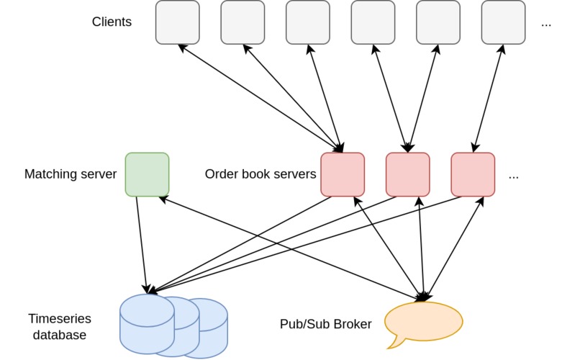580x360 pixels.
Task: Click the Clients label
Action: (x=112, y=22)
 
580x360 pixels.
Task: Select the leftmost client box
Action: (x=178, y=22)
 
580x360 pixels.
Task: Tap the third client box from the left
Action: (x=308, y=22)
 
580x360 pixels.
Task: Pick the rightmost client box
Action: (x=503, y=22)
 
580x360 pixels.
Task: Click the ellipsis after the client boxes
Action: (x=546, y=24)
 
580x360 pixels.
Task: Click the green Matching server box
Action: (x=147, y=174)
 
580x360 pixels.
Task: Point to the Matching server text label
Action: (x=71, y=174)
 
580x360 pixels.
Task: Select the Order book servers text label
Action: (x=260, y=174)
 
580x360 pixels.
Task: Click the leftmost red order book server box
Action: (x=343, y=174)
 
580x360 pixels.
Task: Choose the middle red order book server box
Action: (x=407, y=174)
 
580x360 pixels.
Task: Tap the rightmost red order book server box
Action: (x=473, y=174)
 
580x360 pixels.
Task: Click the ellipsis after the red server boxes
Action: (x=514, y=176)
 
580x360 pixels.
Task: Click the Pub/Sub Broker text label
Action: (x=326, y=324)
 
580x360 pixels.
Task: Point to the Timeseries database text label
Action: (x=58, y=327)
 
